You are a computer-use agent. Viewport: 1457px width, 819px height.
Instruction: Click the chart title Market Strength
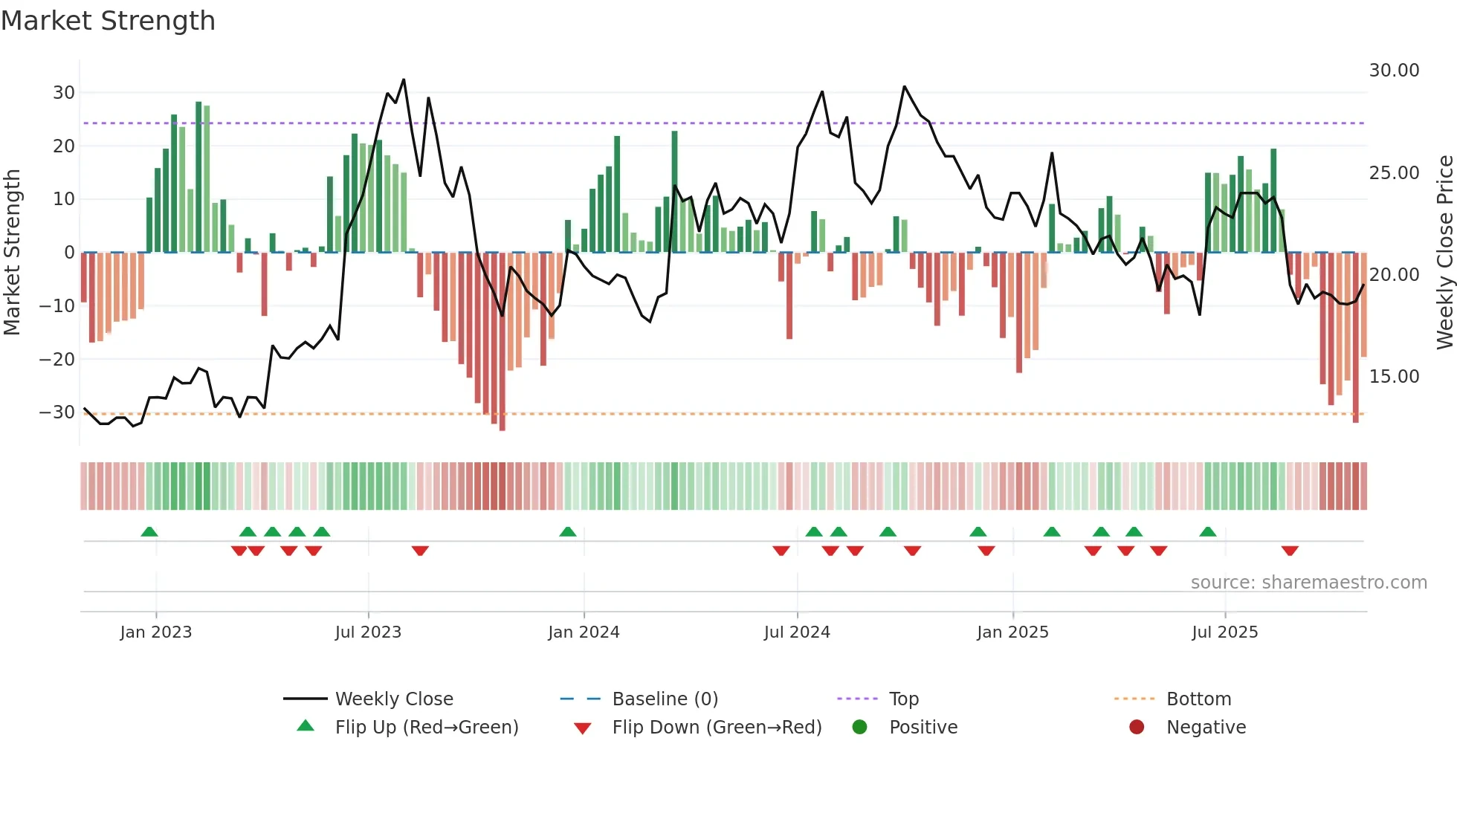point(108,21)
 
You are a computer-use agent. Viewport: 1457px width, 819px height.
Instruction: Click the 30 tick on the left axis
point(64,93)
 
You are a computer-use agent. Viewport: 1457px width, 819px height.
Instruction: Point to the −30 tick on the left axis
point(58,412)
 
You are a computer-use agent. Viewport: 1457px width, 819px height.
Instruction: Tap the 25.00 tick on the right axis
point(1394,173)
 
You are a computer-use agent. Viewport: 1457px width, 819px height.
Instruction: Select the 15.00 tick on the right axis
point(1394,377)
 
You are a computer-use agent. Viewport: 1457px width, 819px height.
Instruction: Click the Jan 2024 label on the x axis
point(584,632)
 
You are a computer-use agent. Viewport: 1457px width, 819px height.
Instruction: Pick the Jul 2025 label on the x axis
point(1224,632)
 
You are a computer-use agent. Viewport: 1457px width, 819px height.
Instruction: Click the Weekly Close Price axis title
point(1444,253)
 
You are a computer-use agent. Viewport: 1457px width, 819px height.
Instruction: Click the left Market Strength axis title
point(12,253)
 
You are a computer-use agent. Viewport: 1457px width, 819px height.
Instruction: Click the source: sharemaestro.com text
point(1308,583)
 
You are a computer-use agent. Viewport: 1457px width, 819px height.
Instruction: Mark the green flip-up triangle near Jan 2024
point(568,532)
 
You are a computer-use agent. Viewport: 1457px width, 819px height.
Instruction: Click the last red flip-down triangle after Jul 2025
point(1290,551)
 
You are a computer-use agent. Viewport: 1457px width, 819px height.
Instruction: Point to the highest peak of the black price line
point(404,80)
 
